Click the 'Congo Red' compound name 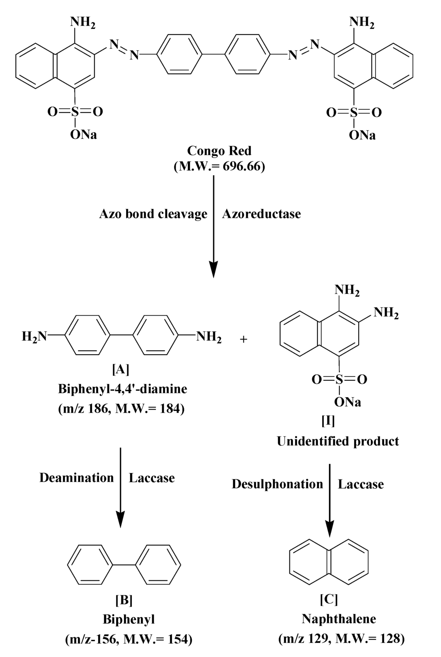tap(219, 151)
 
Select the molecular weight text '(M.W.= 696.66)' tap(219, 166)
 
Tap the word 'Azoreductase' tap(261, 214)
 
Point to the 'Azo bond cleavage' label tap(153, 214)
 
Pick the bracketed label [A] tap(120, 369)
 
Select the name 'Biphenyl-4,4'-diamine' tap(123, 389)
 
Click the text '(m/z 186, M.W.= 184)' tap(121, 408)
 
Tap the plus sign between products tap(243, 339)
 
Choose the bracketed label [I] tap(328, 421)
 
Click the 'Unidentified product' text tap(338, 441)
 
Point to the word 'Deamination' tap(77, 478)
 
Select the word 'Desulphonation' tap(277, 484)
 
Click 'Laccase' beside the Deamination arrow tap(152, 478)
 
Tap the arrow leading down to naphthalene tap(330, 500)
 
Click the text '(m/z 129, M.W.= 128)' tap(342, 639)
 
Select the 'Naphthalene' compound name tap(339, 619)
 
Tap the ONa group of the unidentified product tap(348, 402)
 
